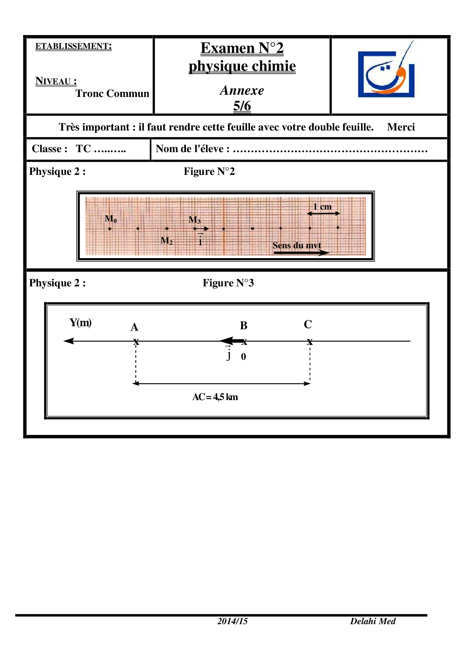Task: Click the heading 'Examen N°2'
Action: (x=242, y=48)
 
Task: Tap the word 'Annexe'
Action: (x=242, y=90)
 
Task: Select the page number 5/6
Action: (x=242, y=106)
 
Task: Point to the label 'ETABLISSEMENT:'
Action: (x=73, y=46)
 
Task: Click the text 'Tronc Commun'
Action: (x=112, y=93)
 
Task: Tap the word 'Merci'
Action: (x=401, y=127)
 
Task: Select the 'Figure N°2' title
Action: (x=209, y=172)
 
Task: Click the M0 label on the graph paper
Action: (x=111, y=219)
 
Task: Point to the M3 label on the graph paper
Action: (x=194, y=220)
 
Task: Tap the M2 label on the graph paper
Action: (x=166, y=241)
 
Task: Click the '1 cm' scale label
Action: (x=322, y=207)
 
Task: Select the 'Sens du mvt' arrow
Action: (x=301, y=253)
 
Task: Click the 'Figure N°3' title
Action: (x=228, y=283)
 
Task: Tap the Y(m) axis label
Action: (x=80, y=323)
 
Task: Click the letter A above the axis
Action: (x=135, y=327)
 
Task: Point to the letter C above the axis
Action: (x=308, y=324)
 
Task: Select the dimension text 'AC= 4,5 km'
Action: (x=215, y=397)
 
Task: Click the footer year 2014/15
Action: (x=232, y=621)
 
